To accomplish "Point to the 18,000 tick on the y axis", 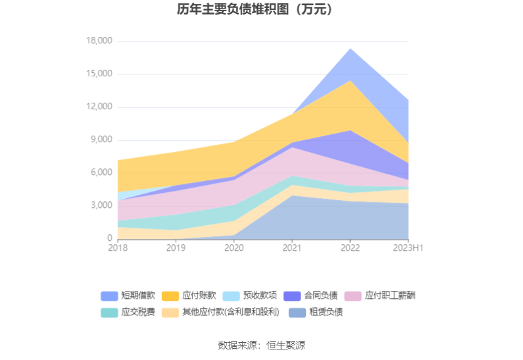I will pyautogui.click(x=99, y=41).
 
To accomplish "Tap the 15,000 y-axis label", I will pyautogui.click(x=99, y=74).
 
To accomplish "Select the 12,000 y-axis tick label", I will pyautogui.click(x=99, y=107).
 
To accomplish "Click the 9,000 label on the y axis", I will pyautogui.click(x=101, y=140).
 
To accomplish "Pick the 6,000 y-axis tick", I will pyautogui.click(x=101, y=173).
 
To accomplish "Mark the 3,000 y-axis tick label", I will pyautogui.click(x=101, y=206).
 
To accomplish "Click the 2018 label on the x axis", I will pyautogui.click(x=118, y=248).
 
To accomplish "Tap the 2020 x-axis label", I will pyautogui.click(x=234, y=248).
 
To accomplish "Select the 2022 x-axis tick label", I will pyautogui.click(x=350, y=248).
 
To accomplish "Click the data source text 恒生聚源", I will pyautogui.click(x=285, y=346).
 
